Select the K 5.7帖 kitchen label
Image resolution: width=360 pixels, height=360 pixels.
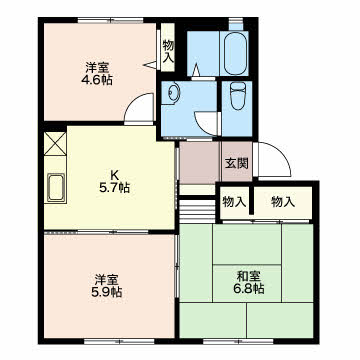pos(114,182)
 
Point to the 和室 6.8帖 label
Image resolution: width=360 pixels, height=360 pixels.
pos(250,282)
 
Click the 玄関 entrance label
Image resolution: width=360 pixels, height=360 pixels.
pos(236,163)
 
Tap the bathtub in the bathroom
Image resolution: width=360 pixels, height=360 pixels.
pos(236,53)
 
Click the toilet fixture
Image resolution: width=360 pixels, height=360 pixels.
pos(237,96)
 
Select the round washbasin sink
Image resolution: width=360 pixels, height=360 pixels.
pos(173,91)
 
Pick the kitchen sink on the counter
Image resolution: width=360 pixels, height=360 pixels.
pos(56,188)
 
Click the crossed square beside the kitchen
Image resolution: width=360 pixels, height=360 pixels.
pos(55,144)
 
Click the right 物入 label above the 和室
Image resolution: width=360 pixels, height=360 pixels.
pos(283,202)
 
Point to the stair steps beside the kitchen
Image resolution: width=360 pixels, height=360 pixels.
pos(197,211)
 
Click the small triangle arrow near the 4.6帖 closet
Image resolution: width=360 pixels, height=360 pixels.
pos(150,65)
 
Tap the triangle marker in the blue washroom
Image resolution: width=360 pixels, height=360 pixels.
pos(196,69)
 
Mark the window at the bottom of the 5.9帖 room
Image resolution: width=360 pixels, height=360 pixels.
pos(119,341)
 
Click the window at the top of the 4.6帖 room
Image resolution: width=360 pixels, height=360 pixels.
pos(111,20)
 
